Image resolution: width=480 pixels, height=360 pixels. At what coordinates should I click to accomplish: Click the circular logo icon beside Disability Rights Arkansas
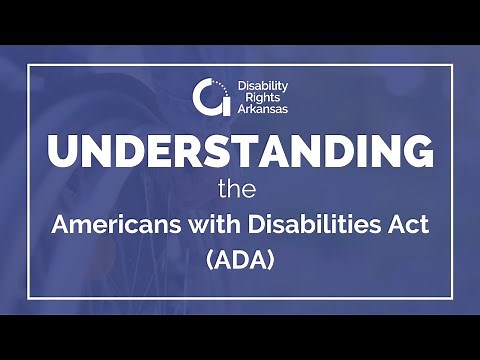click(x=207, y=97)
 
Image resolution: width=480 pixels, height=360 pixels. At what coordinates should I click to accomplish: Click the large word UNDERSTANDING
click(x=241, y=152)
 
